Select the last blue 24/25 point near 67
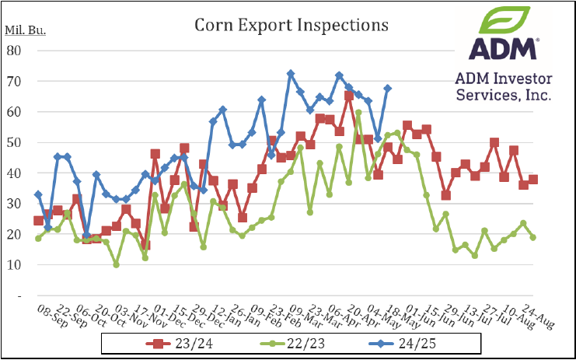[388, 89]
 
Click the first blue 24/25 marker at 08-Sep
[38, 194]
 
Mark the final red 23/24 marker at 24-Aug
[533, 180]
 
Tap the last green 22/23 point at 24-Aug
[533, 237]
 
